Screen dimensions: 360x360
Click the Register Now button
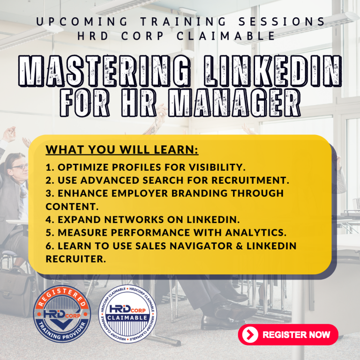288,335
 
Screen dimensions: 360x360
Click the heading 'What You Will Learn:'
122,150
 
